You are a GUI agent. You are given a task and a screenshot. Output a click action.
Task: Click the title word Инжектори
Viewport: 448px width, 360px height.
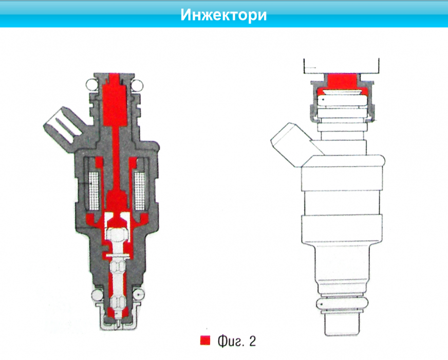(x=223, y=14)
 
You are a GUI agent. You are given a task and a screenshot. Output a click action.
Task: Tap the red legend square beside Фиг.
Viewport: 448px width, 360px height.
(x=206, y=340)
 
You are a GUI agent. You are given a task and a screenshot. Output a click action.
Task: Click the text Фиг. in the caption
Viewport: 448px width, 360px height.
(x=230, y=340)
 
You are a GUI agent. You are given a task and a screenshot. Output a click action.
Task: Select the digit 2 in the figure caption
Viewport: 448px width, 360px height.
(x=251, y=340)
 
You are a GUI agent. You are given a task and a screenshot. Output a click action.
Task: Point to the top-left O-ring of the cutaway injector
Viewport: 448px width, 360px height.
(x=91, y=82)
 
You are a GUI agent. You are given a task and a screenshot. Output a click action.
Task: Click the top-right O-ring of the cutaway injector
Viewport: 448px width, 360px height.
(x=137, y=82)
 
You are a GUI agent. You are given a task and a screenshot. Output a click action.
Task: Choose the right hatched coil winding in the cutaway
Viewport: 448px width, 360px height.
(x=140, y=187)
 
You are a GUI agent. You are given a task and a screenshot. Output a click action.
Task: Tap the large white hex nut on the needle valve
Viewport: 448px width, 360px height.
(x=118, y=235)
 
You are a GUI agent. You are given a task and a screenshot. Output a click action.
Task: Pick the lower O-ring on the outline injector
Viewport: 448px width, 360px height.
(x=342, y=304)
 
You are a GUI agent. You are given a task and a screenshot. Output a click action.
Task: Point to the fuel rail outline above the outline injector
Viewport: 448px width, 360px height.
(x=342, y=65)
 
